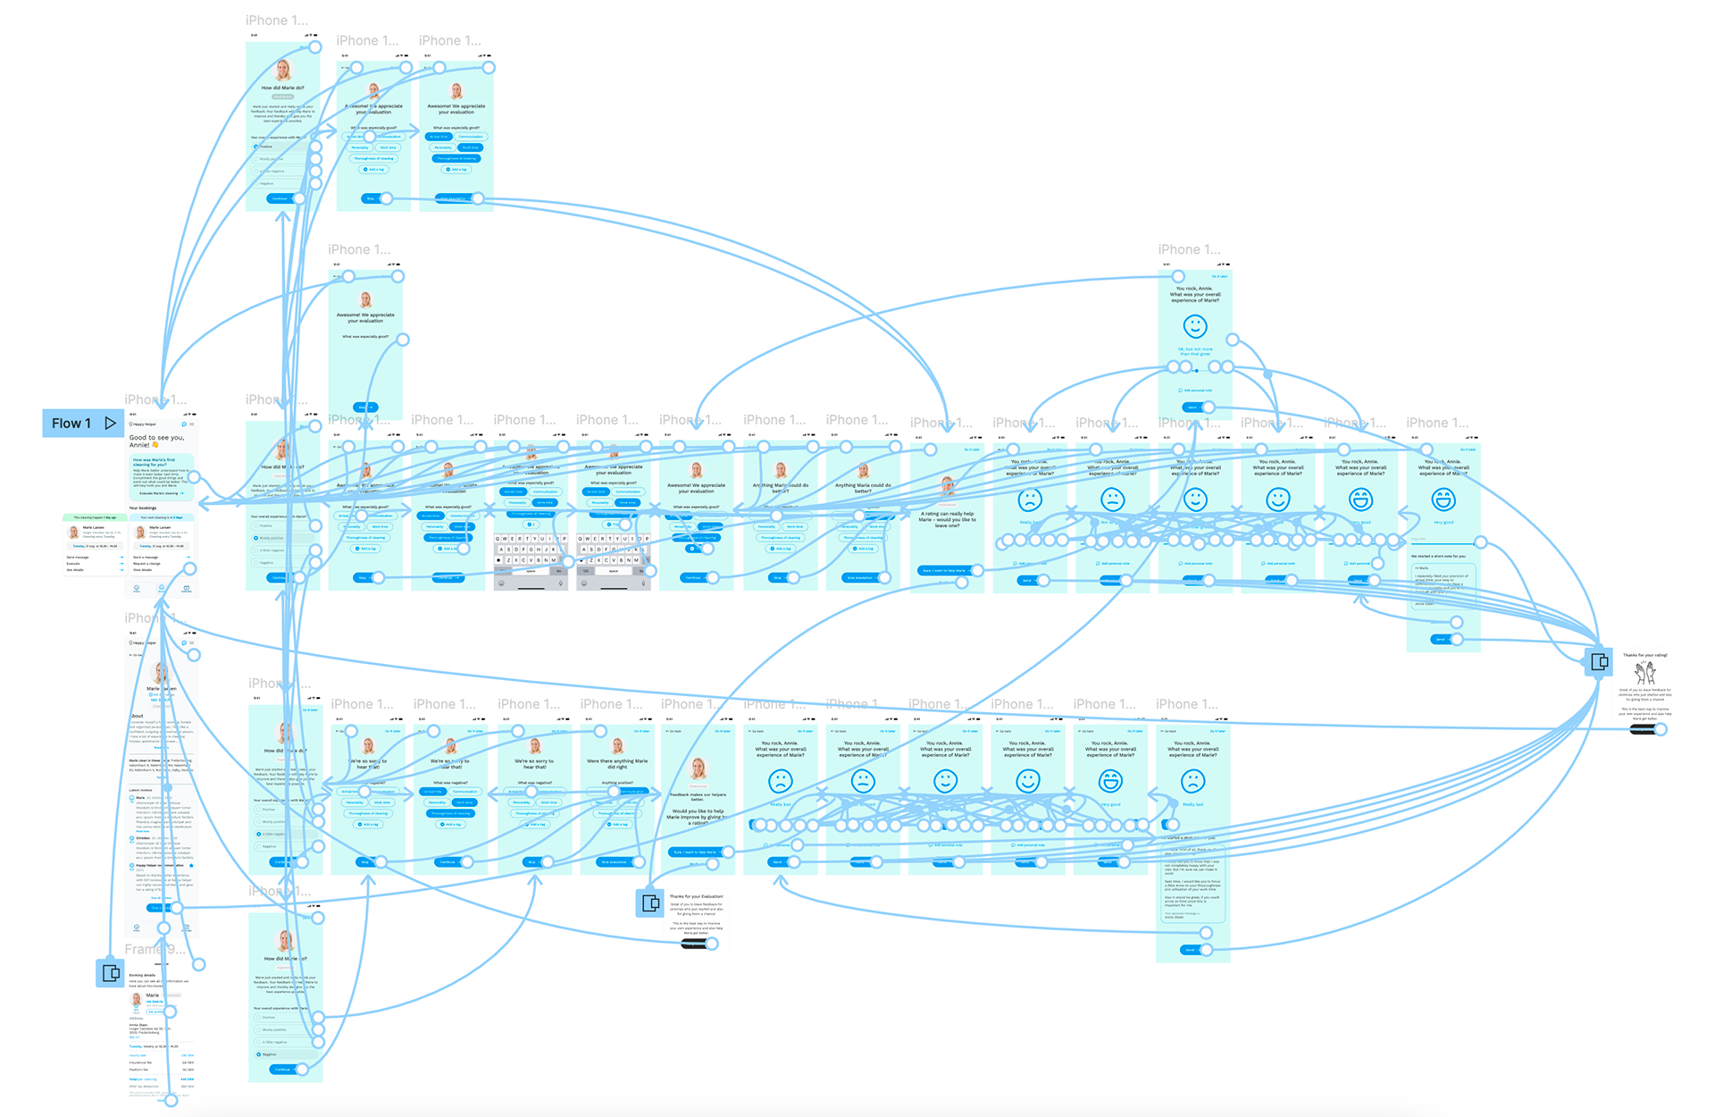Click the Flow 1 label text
71,424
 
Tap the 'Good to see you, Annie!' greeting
155,441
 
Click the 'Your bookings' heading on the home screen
143,508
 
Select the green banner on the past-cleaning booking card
95,517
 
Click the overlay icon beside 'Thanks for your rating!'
1599,662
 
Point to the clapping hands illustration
1644,673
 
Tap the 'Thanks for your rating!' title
1644,655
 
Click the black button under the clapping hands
1643,730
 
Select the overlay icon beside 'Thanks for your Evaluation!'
650,903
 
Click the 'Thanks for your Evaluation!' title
697,896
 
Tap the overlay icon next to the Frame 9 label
111,972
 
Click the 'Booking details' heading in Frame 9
142,975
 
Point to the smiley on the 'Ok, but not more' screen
1195,326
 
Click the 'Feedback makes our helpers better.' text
698,797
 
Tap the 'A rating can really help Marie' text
948,519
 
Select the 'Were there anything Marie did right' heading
617,764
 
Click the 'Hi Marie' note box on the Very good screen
1443,584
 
